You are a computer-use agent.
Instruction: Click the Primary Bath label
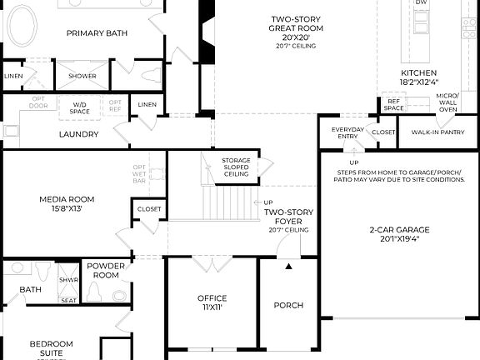tap(97, 32)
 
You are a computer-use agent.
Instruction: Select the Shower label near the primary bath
tap(82, 76)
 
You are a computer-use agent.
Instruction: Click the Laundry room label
tap(79, 134)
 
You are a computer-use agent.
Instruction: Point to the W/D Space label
tap(80, 107)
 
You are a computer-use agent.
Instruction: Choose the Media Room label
tap(67, 203)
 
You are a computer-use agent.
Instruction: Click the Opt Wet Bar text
tap(139, 173)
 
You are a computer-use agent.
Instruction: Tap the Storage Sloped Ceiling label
tap(236, 167)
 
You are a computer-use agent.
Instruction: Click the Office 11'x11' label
tap(212, 302)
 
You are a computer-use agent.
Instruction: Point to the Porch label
tap(288, 305)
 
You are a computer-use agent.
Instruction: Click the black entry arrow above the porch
tap(289, 267)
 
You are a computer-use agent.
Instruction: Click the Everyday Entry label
tap(347, 134)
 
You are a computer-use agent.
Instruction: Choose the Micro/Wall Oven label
tap(447, 102)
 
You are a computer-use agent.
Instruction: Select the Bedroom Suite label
tap(52, 347)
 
